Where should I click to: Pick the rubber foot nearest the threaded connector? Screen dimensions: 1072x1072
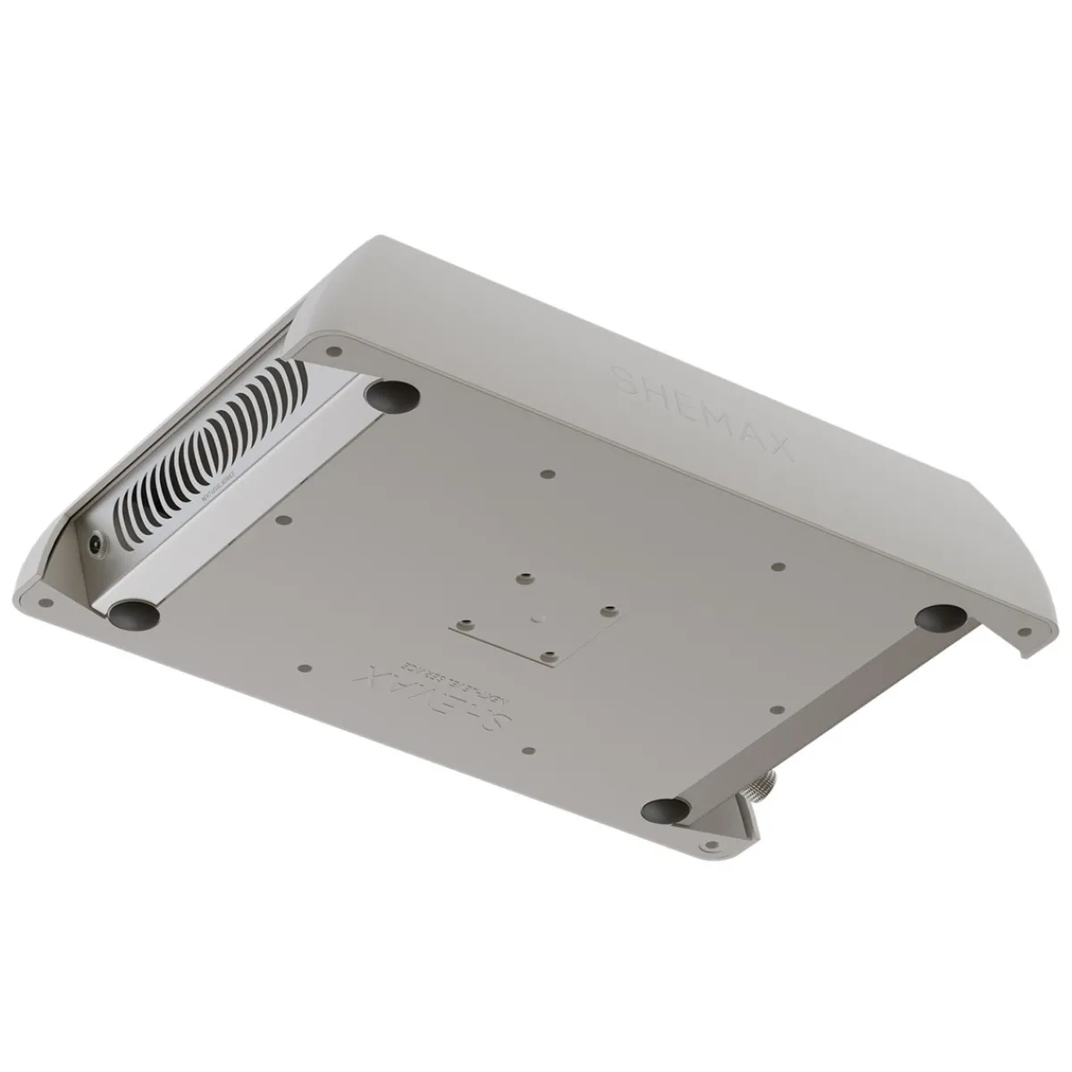pyautogui.click(x=666, y=810)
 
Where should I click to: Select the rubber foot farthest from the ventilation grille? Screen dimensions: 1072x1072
pyautogui.click(x=940, y=616)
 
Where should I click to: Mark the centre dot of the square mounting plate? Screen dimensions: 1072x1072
pyautogui.click(x=533, y=616)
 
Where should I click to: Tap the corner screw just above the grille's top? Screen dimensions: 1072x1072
pyautogui.click(x=332, y=351)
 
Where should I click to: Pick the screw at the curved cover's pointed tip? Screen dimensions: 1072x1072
pyautogui.click(x=1025, y=632)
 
